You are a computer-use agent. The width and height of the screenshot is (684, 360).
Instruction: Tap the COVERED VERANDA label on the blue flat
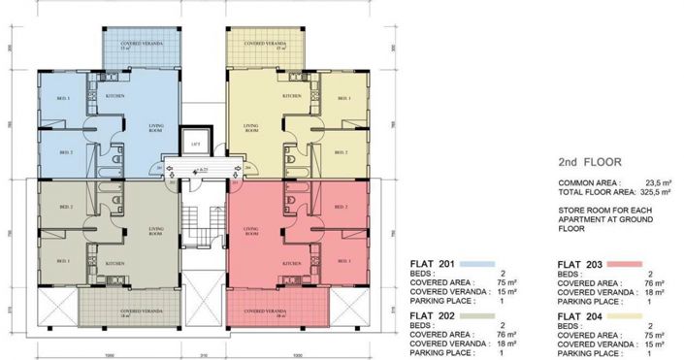point(142,45)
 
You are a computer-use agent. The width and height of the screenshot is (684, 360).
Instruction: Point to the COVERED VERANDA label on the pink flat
point(263,311)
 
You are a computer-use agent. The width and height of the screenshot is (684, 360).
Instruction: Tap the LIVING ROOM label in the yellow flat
point(251,127)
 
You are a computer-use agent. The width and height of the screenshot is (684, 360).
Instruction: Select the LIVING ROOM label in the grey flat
point(155,231)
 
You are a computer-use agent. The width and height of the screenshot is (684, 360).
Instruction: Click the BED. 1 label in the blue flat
point(62,101)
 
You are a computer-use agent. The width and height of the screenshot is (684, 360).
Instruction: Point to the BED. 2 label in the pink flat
point(341,207)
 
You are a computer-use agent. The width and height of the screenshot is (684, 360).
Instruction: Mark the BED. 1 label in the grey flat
point(66,261)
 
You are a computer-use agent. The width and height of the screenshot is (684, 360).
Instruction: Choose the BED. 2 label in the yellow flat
point(341,152)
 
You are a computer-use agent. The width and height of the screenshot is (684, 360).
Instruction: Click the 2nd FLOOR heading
point(591,162)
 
